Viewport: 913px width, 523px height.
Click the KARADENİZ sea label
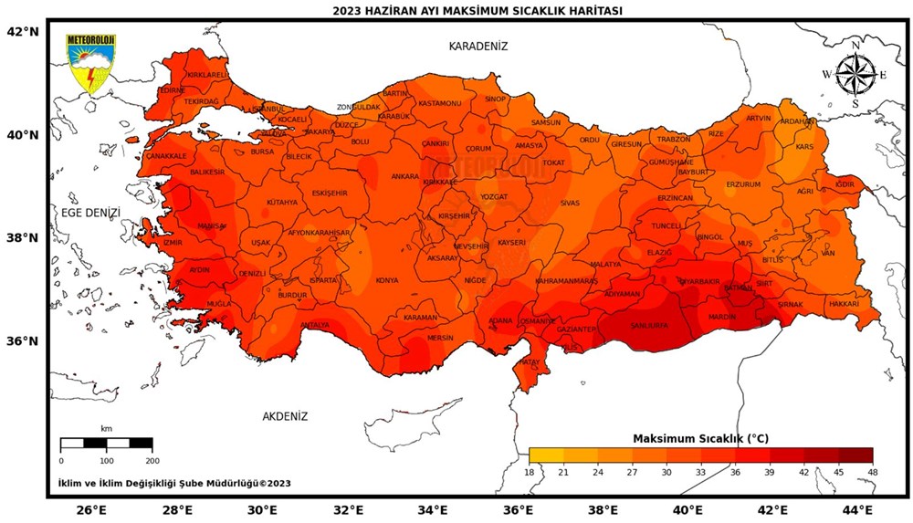[x=477, y=46]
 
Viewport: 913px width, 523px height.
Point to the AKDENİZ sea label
[x=285, y=416]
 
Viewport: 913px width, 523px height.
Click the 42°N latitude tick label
[x=23, y=31]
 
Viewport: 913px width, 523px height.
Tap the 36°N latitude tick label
[x=23, y=341]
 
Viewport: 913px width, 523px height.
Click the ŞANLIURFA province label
[x=645, y=326]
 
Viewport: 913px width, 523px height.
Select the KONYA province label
[x=386, y=280]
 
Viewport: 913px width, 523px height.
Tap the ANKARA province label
[x=404, y=176]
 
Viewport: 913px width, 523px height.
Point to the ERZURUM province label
[x=743, y=184]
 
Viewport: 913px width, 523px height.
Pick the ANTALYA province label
[x=314, y=325]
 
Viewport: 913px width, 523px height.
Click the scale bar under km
[x=107, y=444]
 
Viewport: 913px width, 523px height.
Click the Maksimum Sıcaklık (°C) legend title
[x=700, y=438]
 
